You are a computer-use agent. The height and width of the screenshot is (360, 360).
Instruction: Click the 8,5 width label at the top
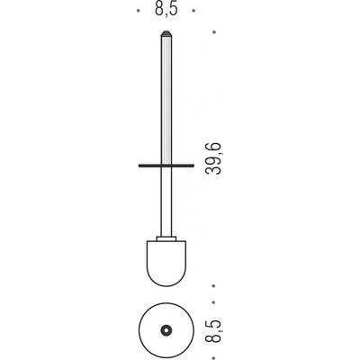166,9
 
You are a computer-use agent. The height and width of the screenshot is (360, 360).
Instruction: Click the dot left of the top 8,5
138,11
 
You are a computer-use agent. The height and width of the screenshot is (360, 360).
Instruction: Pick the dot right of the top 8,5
194,11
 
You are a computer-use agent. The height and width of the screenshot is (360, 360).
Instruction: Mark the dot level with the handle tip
214,32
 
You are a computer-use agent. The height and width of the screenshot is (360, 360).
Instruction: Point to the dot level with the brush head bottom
213,286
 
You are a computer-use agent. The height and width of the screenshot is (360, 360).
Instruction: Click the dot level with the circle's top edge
213,302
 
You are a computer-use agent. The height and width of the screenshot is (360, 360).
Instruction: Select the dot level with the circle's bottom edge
213,358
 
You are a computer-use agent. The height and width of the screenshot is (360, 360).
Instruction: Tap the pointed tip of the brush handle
166,31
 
